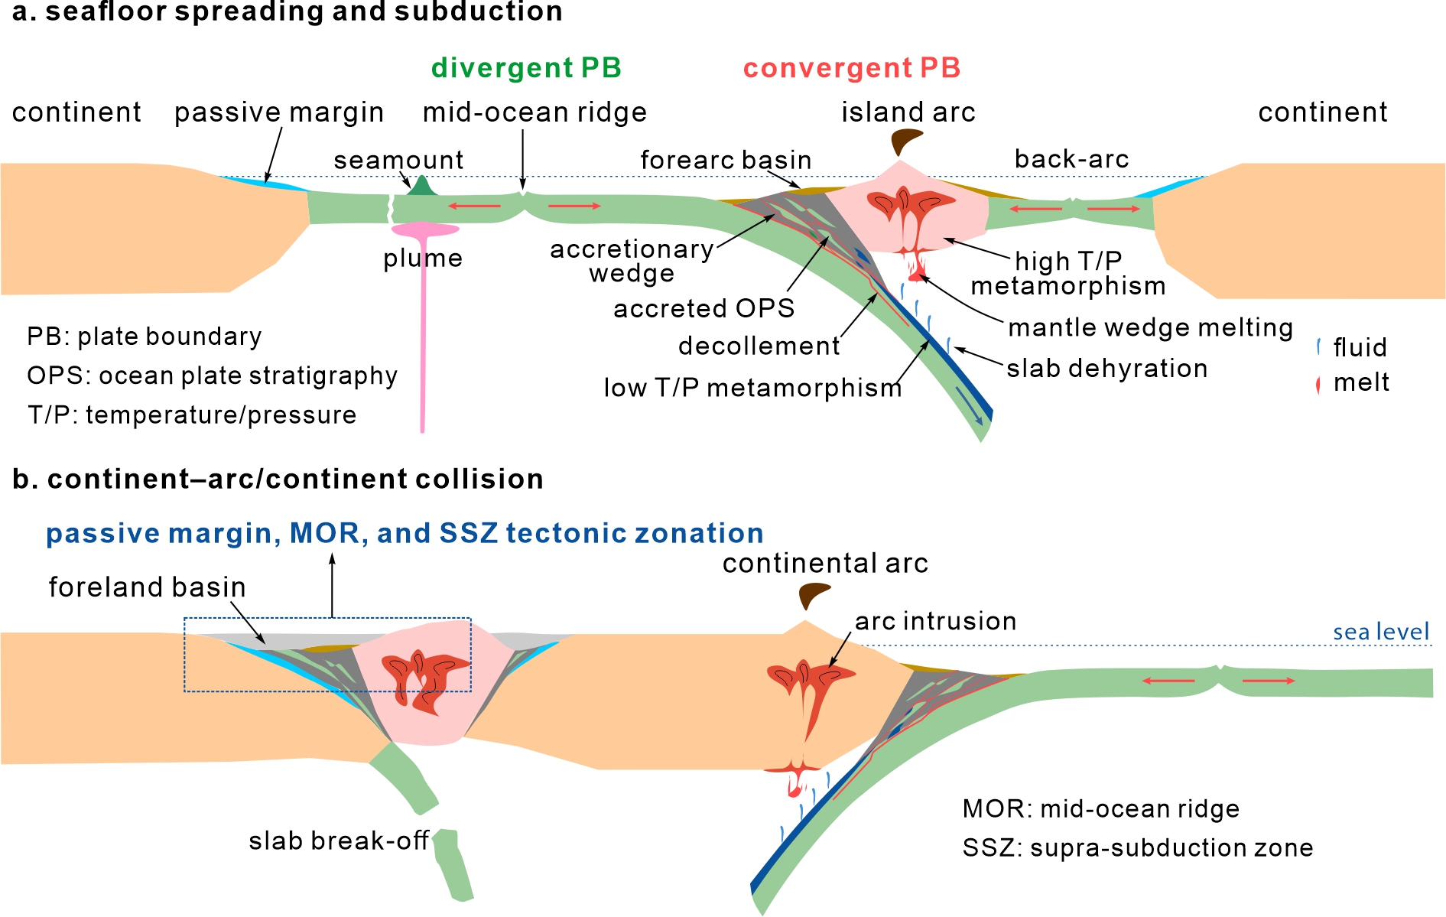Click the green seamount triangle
pyautogui.click(x=421, y=187)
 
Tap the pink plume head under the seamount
pyautogui.click(x=424, y=229)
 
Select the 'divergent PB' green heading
pyautogui.click(x=526, y=68)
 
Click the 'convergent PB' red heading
pyautogui.click(x=851, y=68)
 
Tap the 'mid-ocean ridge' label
pyautogui.click(x=535, y=112)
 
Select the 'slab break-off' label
pyautogui.click(x=338, y=841)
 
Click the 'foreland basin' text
pyautogui.click(x=148, y=587)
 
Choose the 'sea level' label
pyautogui.click(x=1380, y=632)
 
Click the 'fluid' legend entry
pyautogui.click(x=1359, y=347)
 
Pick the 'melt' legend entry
pyautogui.click(x=1360, y=382)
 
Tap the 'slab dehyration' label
pyautogui.click(x=1106, y=369)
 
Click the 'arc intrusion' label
pyautogui.click(x=935, y=621)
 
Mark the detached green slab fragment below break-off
pyautogui.click(x=453, y=864)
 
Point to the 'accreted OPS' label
pyautogui.click(x=704, y=308)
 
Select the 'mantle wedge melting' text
pyautogui.click(x=1150, y=327)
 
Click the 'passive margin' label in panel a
pyautogui.click(x=279, y=112)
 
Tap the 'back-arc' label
pyautogui.click(x=1071, y=159)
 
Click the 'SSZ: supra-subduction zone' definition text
pyautogui.click(x=1137, y=847)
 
